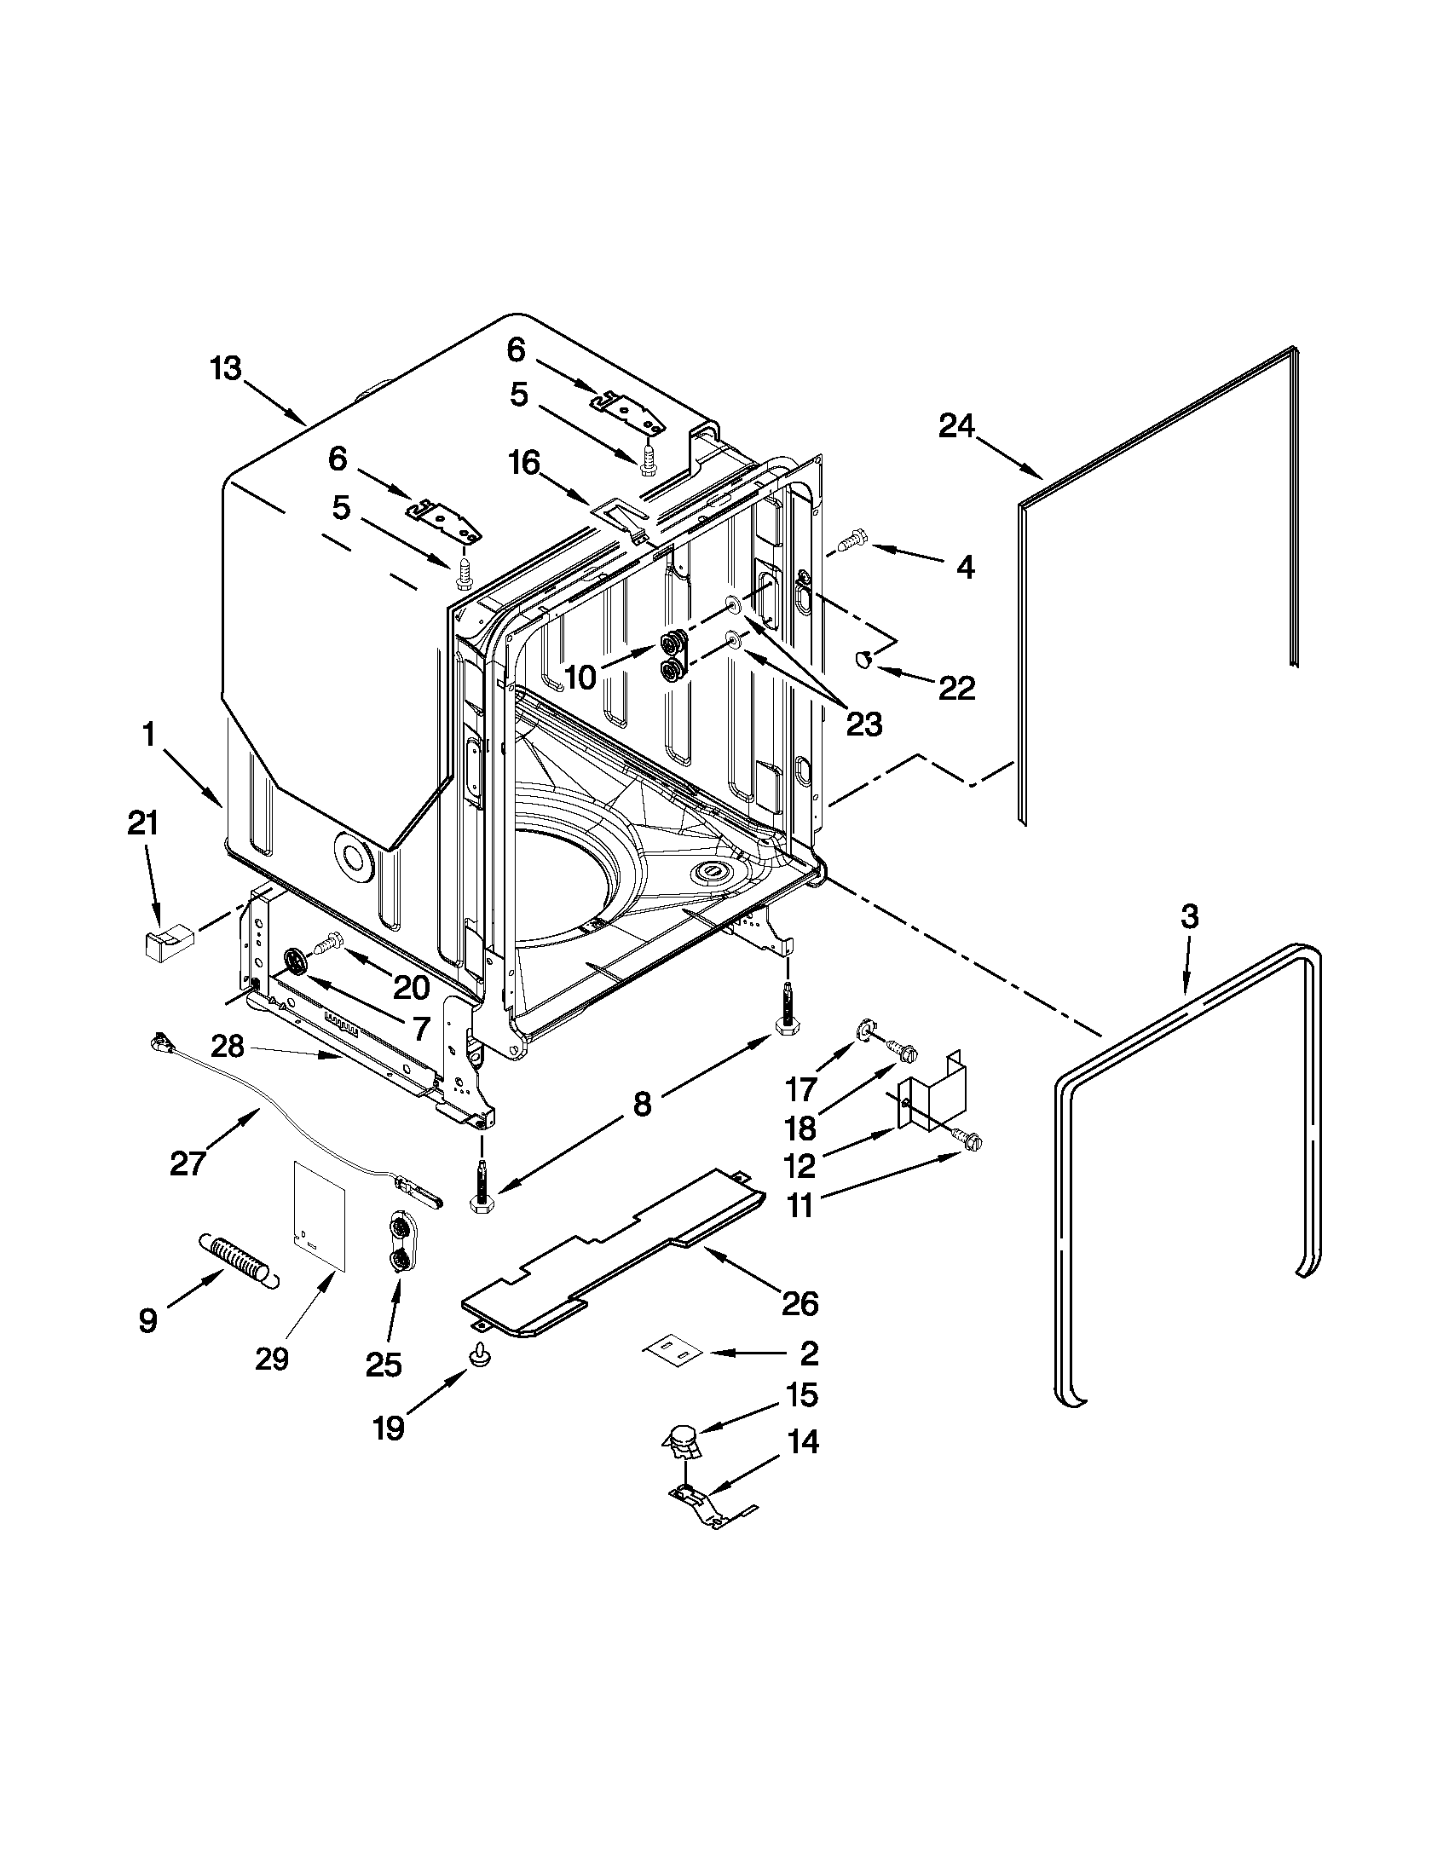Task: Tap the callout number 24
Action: pyautogui.click(x=956, y=426)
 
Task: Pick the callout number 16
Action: pyautogui.click(x=523, y=464)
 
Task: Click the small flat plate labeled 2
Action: pyautogui.click(x=674, y=1351)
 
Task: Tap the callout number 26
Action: pyautogui.click(x=800, y=1305)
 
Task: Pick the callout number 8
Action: pyautogui.click(x=642, y=1104)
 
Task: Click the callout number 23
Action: pyautogui.click(x=863, y=724)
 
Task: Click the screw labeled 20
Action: pyautogui.click(x=327, y=946)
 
